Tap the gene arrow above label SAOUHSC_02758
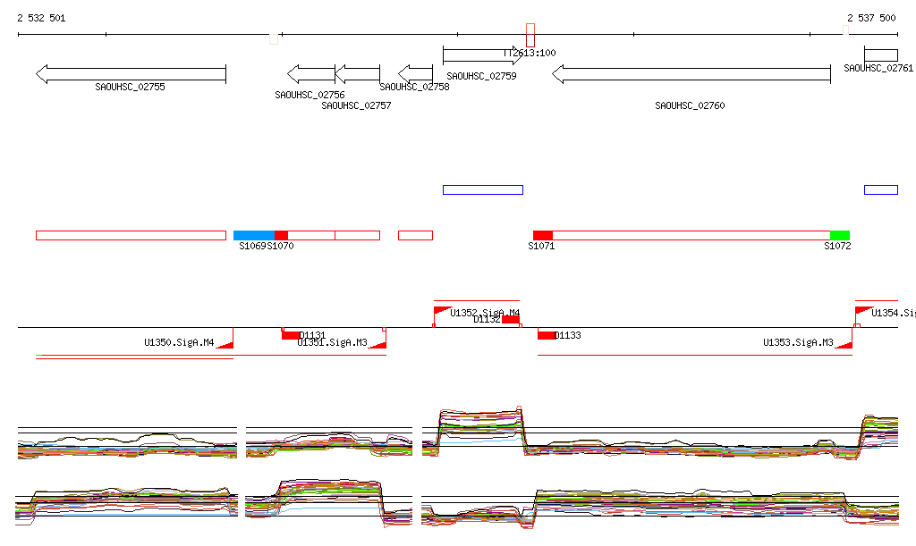tap(415, 73)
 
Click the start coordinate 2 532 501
tap(41, 18)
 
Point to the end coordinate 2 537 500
tap(871, 18)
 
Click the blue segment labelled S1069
tap(254, 235)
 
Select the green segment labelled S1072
tap(839, 235)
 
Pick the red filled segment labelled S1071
tap(542, 235)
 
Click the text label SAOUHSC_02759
tap(481, 77)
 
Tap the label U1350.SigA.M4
tap(179, 342)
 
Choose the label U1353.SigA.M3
tap(798, 342)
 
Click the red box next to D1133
tap(546, 335)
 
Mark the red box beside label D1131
tap(291, 335)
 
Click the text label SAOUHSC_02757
tap(356, 105)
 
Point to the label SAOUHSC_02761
tap(878, 69)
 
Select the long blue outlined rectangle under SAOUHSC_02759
tap(482, 189)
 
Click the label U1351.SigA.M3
tap(332, 342)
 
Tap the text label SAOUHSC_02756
tap(310, 95)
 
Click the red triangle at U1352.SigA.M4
tap(440, 310)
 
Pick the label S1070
tap(280, 246)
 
